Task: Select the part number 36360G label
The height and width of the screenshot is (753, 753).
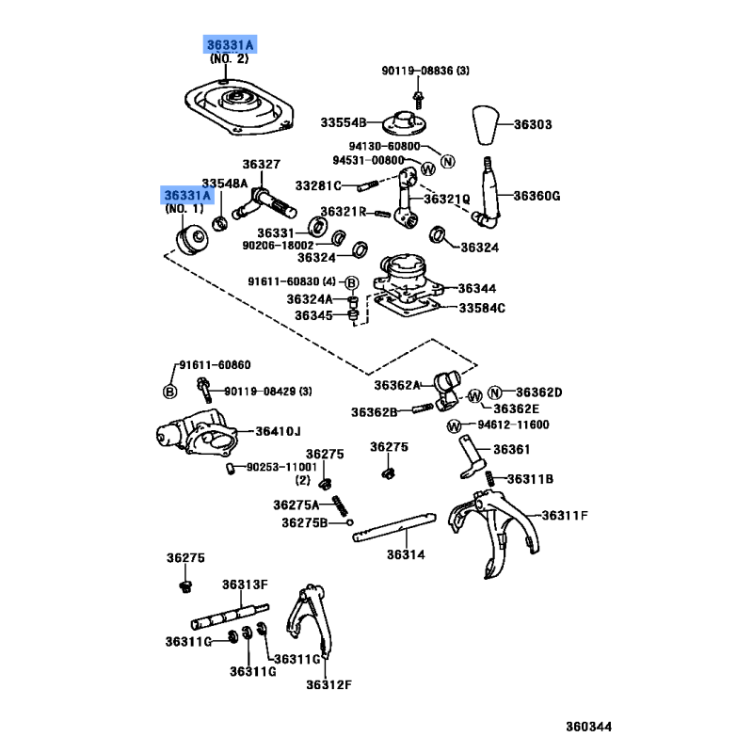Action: (x=537, y=196)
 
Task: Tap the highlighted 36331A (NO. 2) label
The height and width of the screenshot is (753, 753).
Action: (x=231, y=44)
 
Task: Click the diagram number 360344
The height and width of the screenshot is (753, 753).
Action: (x=588, y=727)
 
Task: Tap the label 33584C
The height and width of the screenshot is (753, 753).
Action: (x=482, y=308)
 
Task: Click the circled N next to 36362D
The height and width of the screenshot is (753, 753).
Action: (x=496, y=392)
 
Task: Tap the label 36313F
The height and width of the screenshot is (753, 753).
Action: (x=246, y=585)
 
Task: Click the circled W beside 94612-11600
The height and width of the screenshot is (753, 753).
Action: (x=453, y=425)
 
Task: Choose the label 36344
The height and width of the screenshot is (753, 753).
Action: (x=477, y=288)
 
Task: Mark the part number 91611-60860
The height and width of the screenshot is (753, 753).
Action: (x=216, y=363)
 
